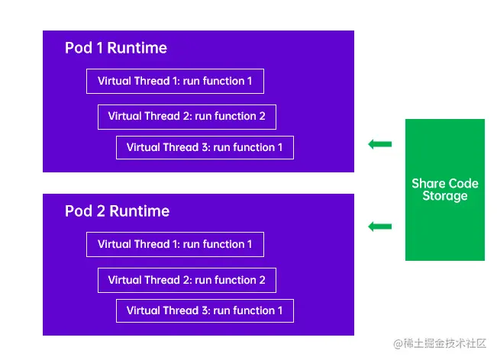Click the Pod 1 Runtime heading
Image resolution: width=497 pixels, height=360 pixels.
click(x=116, y=48)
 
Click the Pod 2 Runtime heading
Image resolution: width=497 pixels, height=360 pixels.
click(x=117, y=211)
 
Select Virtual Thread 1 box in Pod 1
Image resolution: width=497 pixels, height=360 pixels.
click(x=175, y=82)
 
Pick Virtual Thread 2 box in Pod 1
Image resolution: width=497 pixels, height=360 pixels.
click(x=186, y=117)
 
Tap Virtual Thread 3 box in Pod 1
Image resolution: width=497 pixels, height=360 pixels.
click(x=205, y=147)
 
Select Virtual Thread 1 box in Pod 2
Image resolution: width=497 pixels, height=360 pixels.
click(x=175, y=244)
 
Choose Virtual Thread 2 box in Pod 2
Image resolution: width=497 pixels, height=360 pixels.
click(x=186, y=280)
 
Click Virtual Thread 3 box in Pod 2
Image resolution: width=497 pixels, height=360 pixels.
click(x=205, y=310)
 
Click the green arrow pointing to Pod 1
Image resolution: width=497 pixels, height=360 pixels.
click(x=379, y=143)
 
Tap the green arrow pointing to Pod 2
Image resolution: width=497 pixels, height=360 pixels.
click(x=379, y=226)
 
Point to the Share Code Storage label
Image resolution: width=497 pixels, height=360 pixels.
click(x=444, y=190)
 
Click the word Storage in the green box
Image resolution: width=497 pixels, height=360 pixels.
click(x=444, y=196)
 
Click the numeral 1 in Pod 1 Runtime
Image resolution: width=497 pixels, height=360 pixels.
click(x=99, y=48)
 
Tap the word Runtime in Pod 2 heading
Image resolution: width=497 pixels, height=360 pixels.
click(x=139, y=211)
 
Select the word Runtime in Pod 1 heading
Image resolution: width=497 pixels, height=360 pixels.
click(x=137, y=48)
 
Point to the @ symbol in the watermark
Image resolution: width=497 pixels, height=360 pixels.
click(x=398, y=344)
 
